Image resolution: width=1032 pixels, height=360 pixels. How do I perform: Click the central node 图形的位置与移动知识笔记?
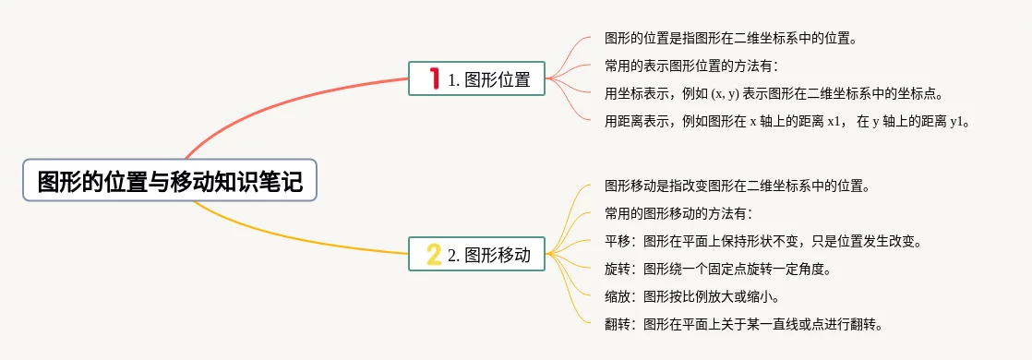click(170, 180)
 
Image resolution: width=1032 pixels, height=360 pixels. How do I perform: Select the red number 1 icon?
click(435, 78)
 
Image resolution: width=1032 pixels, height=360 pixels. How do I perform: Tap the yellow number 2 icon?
click(433, 254)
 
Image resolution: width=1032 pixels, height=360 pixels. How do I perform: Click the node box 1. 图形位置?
click(476, 78)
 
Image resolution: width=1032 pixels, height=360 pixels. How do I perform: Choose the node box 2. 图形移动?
click(476, 253)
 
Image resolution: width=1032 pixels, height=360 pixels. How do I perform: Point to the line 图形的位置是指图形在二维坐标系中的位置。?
click(730, 38)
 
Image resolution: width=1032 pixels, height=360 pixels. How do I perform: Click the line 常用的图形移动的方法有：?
click(678, 214)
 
